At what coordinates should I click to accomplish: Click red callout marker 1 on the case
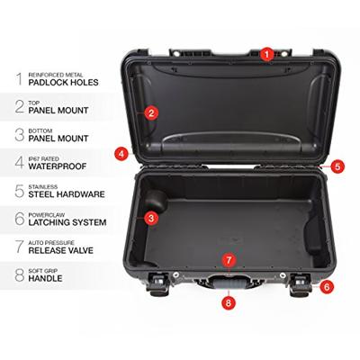pos(266,53)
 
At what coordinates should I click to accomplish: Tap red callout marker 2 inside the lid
pos(151,112)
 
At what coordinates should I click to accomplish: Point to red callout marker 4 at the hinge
pos(121,154)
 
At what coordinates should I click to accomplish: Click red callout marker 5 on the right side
pos(337,166)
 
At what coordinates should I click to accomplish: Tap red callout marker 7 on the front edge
pos(229,260)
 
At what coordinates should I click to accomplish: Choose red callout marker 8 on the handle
pos(229,302)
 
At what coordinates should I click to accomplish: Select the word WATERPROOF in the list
pos(58,166)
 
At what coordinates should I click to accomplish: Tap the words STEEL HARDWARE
pos(68,193)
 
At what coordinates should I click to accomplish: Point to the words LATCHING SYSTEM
pos(68,221)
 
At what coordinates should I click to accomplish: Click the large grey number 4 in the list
pos(19,162)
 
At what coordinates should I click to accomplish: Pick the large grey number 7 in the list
pos(19,245)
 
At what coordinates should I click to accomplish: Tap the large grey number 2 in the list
pos(19,106)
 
